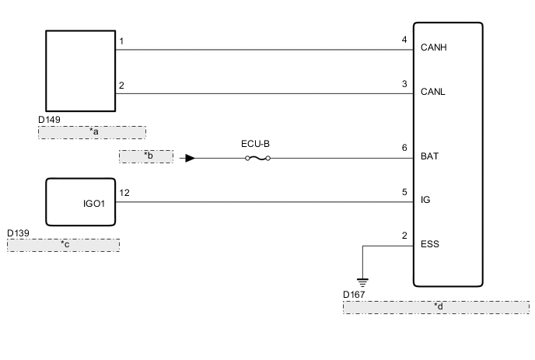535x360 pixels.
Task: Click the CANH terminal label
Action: pos(434,47)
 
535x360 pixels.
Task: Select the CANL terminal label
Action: pos(433,91)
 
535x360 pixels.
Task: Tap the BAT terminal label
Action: pos(429,156)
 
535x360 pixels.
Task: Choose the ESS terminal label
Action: pos(429,243)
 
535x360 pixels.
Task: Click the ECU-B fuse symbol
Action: pos(257,159)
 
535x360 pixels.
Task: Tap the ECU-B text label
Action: pos(257,144)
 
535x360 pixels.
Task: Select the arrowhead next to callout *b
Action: pos(190,159)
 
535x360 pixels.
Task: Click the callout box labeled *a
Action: pos(92,131)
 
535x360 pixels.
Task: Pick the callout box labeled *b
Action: pos(145,156)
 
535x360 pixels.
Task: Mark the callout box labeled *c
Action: pos(63,245)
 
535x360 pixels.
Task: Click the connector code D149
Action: pos(50,121)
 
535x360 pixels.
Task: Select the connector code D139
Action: pos(19,232)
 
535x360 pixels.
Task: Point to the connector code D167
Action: pos(355,295)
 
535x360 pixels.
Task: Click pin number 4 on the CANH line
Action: pos(404,40)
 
